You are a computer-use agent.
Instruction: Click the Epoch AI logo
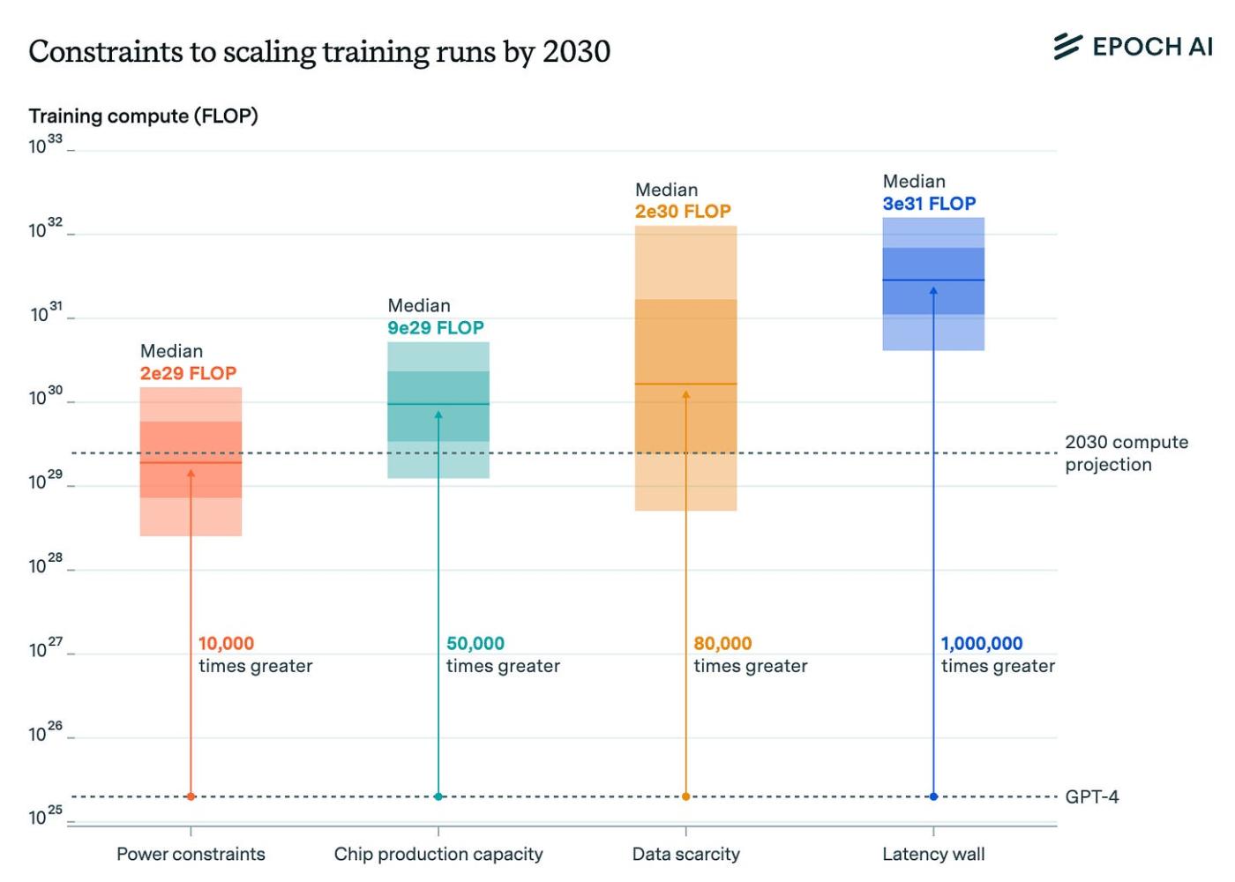(1134, 47)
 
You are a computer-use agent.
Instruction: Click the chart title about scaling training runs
(319, 52)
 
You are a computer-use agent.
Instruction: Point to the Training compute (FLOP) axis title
(143, 116)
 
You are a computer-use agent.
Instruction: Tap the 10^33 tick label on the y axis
(46, 146)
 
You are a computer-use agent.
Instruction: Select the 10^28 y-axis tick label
(46, 564)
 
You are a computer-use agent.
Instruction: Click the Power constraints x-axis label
(191, 854)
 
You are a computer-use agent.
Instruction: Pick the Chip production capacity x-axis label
(438, 854)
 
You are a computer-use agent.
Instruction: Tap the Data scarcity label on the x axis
(686, 854)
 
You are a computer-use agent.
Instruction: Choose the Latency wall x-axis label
(933, 854)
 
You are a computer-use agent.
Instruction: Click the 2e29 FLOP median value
(188, 373)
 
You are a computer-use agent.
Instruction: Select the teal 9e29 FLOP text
(436, 328)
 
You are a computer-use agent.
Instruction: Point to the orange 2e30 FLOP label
(683, 212)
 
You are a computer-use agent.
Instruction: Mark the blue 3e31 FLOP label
(929, 204)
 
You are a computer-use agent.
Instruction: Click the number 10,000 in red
(226, 644)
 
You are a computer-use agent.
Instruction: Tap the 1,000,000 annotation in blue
(982, 644)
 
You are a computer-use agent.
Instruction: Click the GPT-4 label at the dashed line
(1092, 797)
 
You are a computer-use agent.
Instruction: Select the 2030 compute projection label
(1126, 453)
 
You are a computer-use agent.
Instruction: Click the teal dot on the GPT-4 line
(438, 796)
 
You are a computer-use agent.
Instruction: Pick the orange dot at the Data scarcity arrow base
(686, 796)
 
